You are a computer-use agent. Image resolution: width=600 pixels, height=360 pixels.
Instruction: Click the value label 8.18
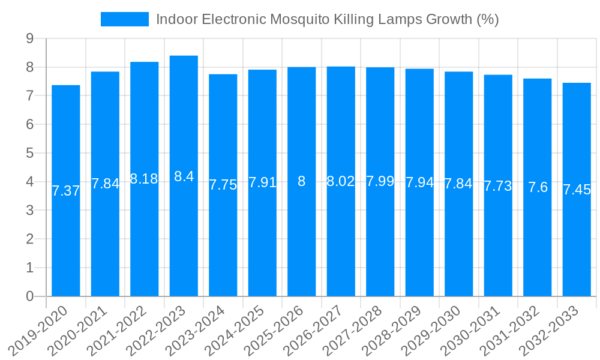144,179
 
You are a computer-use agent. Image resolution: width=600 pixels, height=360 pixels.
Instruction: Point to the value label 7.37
66,191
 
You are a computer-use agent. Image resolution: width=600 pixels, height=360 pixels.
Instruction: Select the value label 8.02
341,181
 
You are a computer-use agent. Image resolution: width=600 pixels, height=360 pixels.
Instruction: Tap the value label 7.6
538,187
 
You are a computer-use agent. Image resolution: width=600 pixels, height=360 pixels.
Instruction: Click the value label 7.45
577,190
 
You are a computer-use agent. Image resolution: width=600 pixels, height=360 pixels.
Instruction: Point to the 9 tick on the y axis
29,39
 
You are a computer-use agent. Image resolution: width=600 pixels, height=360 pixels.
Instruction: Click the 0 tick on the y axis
29,296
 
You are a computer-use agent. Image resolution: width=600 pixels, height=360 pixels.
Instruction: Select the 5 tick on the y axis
29,153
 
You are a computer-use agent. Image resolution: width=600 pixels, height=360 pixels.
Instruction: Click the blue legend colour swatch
124,19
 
